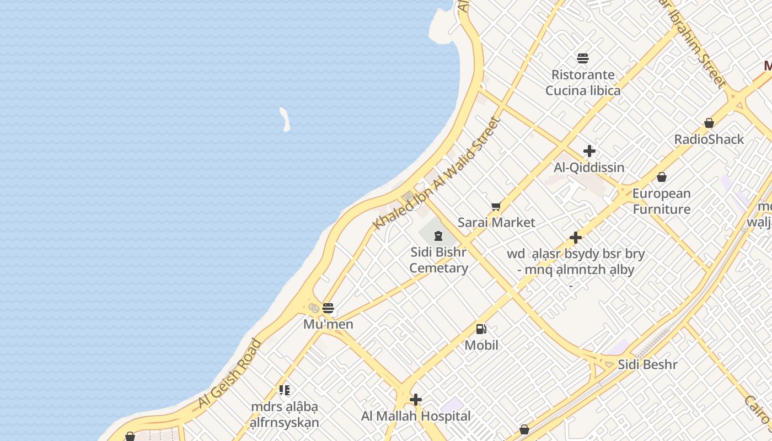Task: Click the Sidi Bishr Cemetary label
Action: click(439, 260)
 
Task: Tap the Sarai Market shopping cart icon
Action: click(496, 207)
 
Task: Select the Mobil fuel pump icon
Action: click(481, 329)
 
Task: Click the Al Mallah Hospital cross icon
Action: click(416, 400)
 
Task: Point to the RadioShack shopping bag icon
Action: click(709, 123)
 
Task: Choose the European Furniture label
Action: click(661, 201)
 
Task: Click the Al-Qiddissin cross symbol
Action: click(589, 151)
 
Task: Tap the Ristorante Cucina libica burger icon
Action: click(583, 58)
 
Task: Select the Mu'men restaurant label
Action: click(328, 324)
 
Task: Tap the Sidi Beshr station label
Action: click(647, 364)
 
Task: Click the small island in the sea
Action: click(285, 119)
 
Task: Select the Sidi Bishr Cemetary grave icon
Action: click(438, 236)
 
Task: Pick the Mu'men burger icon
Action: click(328, 308)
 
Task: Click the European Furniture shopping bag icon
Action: click(661, 177)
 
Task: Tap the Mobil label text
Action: click(481, 345)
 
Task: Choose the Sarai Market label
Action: click(496, 222)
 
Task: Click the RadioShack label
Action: click(709, 139)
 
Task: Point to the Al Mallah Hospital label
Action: click(416, 416)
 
